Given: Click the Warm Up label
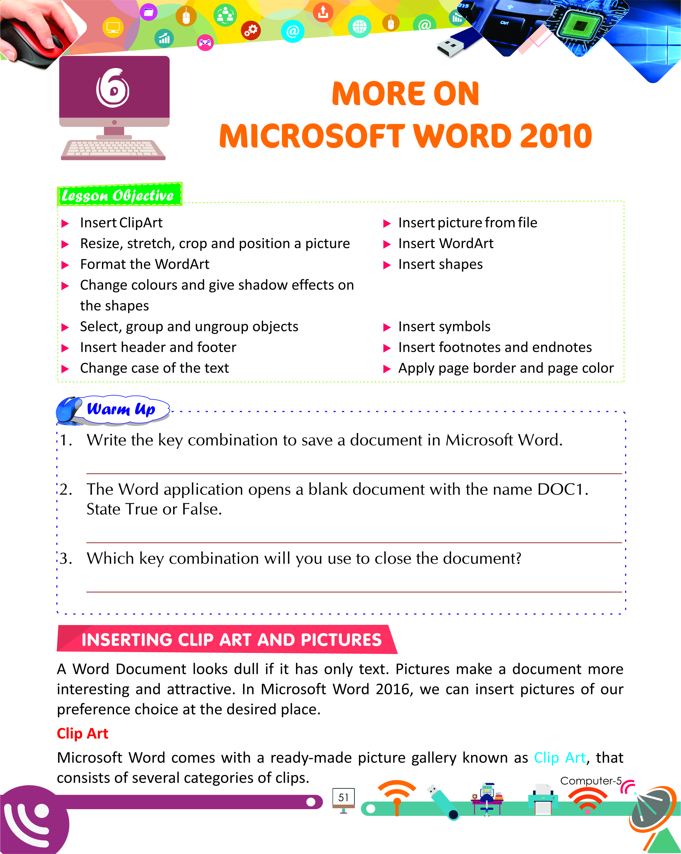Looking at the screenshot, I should (x=121, y=409).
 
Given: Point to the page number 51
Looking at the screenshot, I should (x=344, y=797).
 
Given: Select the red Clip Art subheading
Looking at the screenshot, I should (x=82, y=733).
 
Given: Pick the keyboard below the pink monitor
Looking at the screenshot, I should (x=113, y=150).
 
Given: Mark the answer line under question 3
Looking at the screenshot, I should (x=354, y=592).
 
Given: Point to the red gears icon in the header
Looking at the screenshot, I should (x=251, y=30).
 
